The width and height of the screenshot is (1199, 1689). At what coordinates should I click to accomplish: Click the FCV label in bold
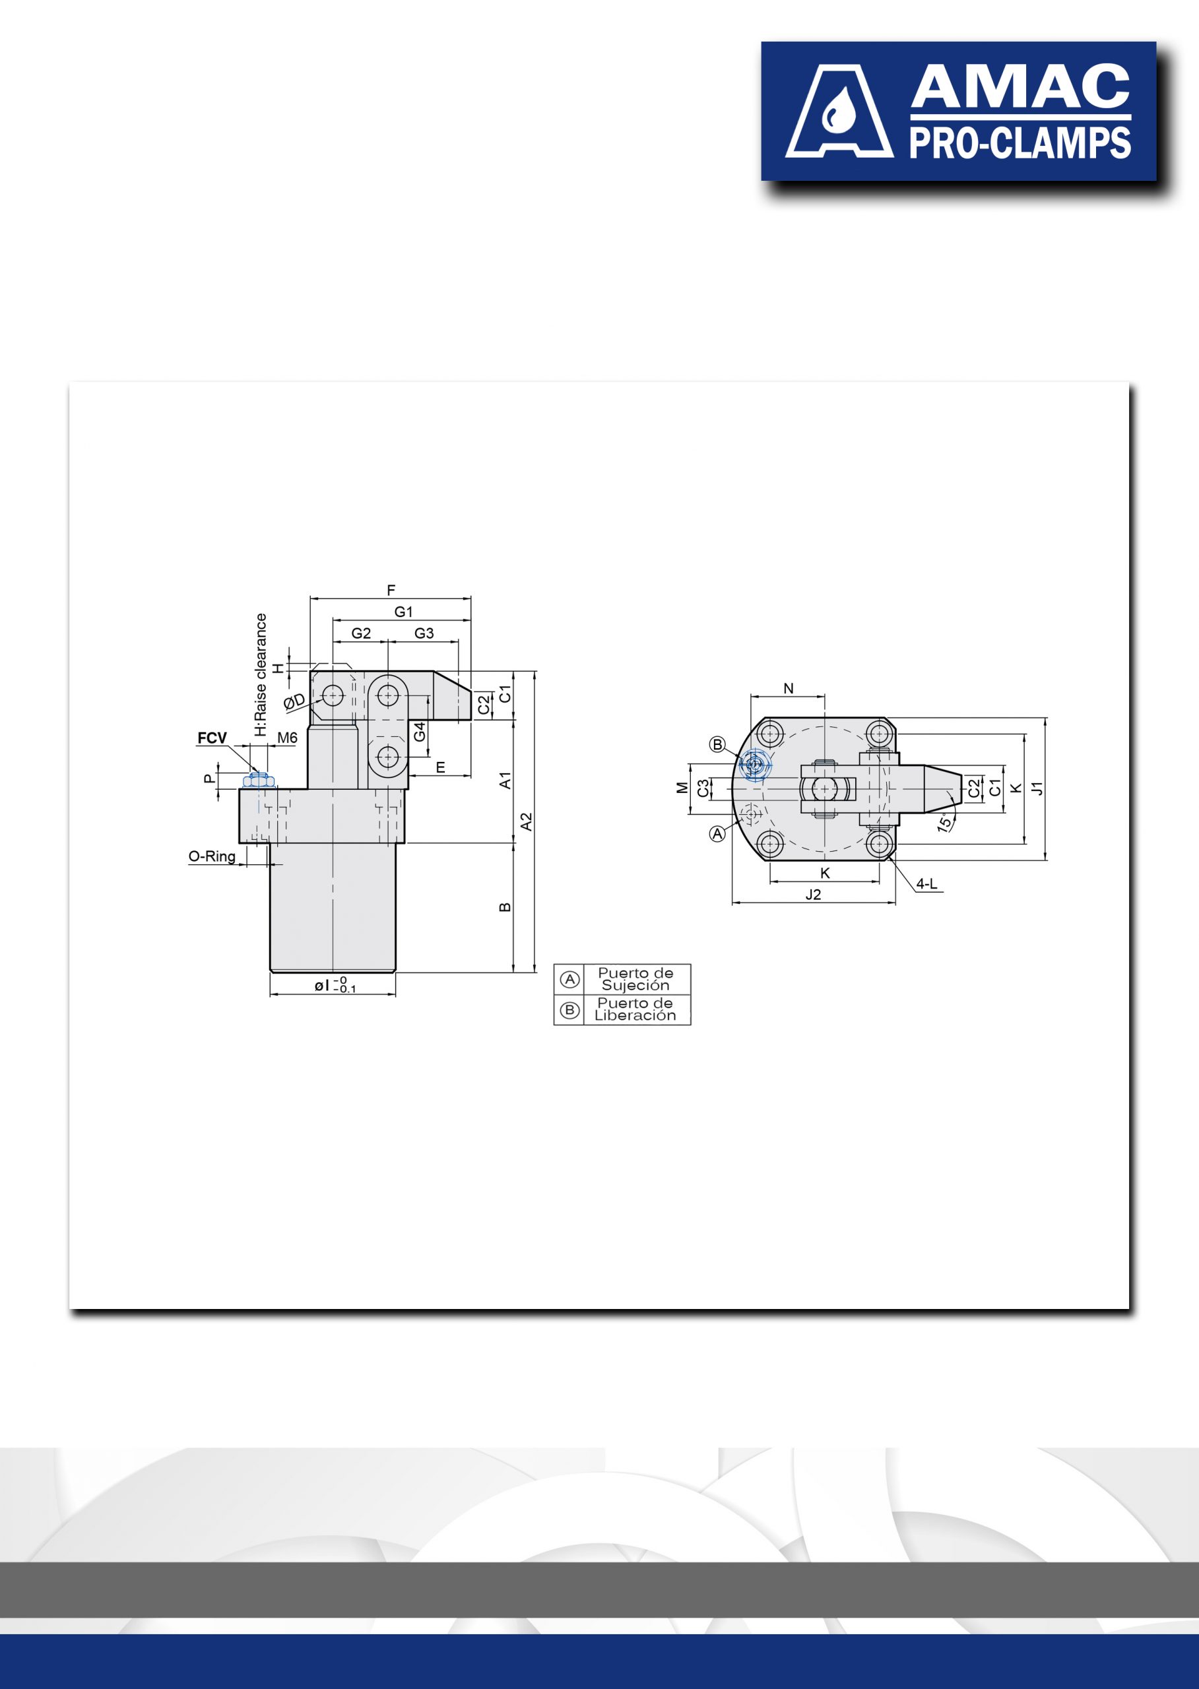(212, 738)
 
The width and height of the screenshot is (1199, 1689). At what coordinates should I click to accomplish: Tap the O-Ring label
(212, 856)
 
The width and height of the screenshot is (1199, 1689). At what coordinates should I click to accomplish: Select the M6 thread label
(287, 738)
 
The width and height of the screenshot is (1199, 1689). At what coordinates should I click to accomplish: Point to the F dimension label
(391, 590)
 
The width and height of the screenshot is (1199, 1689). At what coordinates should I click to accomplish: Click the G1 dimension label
(403, 611)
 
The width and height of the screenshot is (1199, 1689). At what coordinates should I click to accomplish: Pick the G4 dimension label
(420, 732)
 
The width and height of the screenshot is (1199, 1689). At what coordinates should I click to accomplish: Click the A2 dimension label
(527, 821)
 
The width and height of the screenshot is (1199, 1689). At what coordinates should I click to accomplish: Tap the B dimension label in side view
(505, 907)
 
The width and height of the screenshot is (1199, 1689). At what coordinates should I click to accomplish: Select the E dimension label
(441, 768)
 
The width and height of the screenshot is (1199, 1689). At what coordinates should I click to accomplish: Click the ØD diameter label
(294, 701)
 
